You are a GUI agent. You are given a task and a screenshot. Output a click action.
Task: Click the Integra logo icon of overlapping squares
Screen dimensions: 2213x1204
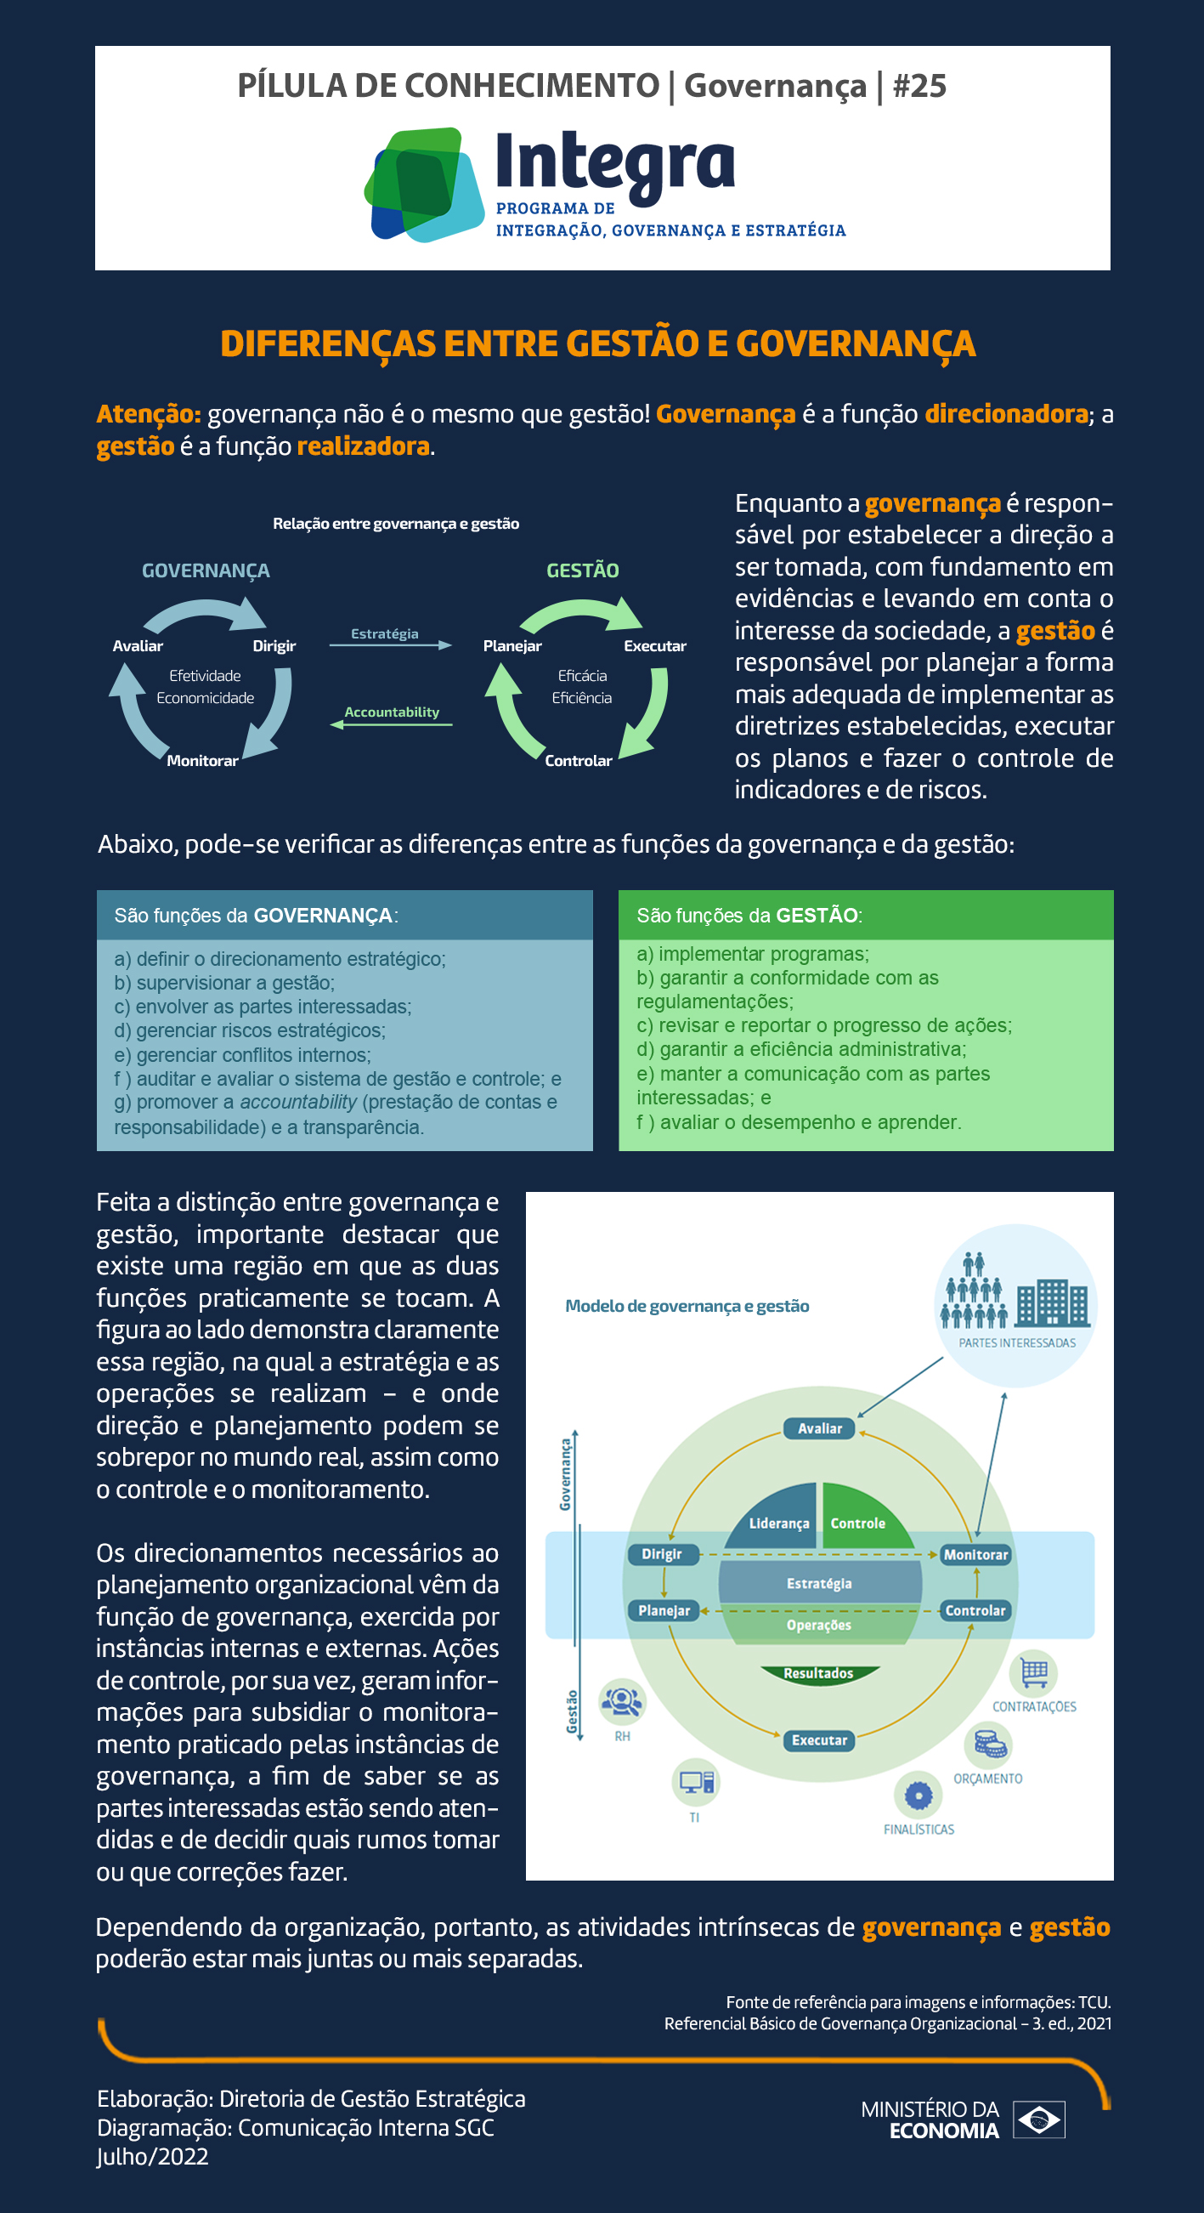423,184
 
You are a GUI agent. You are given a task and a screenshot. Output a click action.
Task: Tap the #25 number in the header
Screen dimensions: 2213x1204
919,86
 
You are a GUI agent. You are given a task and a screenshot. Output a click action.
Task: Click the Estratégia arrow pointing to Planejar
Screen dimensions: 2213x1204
391,644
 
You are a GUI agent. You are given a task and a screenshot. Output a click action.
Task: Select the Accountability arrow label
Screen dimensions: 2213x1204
392,712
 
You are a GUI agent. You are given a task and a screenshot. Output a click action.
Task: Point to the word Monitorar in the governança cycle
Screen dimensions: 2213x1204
203,760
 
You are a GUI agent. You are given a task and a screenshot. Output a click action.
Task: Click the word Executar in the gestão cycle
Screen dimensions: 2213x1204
654,646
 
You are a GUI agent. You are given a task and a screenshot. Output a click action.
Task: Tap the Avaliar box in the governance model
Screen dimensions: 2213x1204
819,1428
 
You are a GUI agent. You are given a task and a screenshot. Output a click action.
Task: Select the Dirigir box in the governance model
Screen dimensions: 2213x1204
661,1554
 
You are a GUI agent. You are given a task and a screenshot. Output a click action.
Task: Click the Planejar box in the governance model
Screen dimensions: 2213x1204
664,1611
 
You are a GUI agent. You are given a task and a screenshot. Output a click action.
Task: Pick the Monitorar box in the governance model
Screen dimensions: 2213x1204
975,1555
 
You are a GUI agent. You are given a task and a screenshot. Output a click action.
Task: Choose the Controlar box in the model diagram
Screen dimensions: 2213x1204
975,1611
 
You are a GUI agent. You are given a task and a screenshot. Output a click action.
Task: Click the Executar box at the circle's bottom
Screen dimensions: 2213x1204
819,1740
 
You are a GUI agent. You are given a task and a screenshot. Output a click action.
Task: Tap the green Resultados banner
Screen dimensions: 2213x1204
819,1673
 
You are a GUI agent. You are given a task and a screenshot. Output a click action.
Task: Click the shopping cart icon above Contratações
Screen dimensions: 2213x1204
1034,1672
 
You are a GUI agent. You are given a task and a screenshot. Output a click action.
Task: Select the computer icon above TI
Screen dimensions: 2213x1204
696,1783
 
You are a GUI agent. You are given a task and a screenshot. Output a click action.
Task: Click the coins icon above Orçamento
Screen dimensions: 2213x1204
989,1745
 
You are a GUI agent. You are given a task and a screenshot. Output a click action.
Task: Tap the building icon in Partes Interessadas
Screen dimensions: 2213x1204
1052,1302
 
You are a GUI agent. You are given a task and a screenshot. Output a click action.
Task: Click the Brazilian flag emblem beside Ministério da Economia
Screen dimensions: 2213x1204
1039,2119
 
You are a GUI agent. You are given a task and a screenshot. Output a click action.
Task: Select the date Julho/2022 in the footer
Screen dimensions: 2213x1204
152,2157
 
